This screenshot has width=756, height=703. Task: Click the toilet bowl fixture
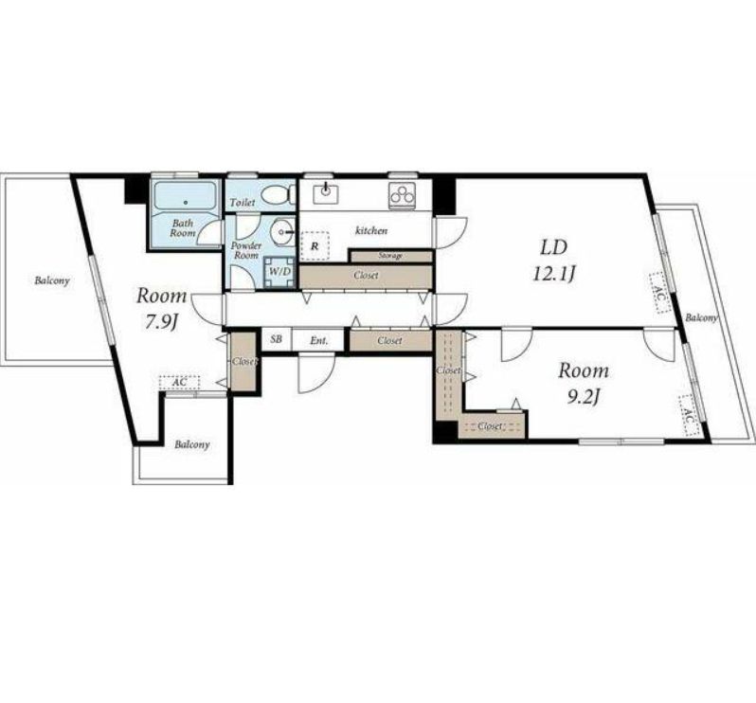(x=277, y=196)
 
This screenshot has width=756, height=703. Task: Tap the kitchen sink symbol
(x=326, y=194)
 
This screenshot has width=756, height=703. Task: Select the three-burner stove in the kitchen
(x=402, y=196)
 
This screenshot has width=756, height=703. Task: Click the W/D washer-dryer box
(x=279, y=272)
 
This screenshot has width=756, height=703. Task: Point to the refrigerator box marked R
(x=315, y=246)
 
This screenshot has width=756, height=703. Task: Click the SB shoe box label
(x=277, y=339)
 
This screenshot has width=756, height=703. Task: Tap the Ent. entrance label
(x=318, y=340)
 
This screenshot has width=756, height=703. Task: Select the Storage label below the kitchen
(x=390, y=256)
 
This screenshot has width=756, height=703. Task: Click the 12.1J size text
(x=554, y=275)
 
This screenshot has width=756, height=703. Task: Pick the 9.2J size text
(x=584, y=397)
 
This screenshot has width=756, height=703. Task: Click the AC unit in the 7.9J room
(x=179, y=383)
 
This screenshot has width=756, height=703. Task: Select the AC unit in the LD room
(x=659, y=294)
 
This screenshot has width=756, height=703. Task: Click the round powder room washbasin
(x=282, y=232)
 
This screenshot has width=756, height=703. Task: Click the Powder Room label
(x=246, y=250)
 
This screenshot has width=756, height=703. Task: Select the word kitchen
(x=371, y=230)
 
